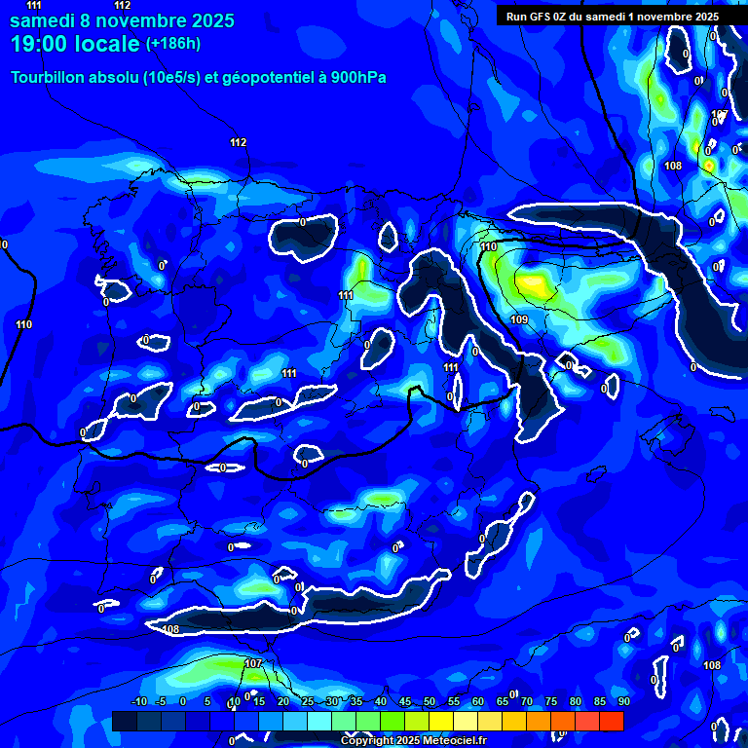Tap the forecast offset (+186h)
(173, 44)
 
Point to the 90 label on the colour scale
(623, 701)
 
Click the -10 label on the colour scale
(137, 701)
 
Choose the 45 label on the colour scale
(404, 701)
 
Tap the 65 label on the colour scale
(502, 701)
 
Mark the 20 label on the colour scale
(282, 701)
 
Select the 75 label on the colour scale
(550, 701)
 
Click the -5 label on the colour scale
(162, 701)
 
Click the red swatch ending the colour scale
(611, 721)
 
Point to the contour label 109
(519, 319)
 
